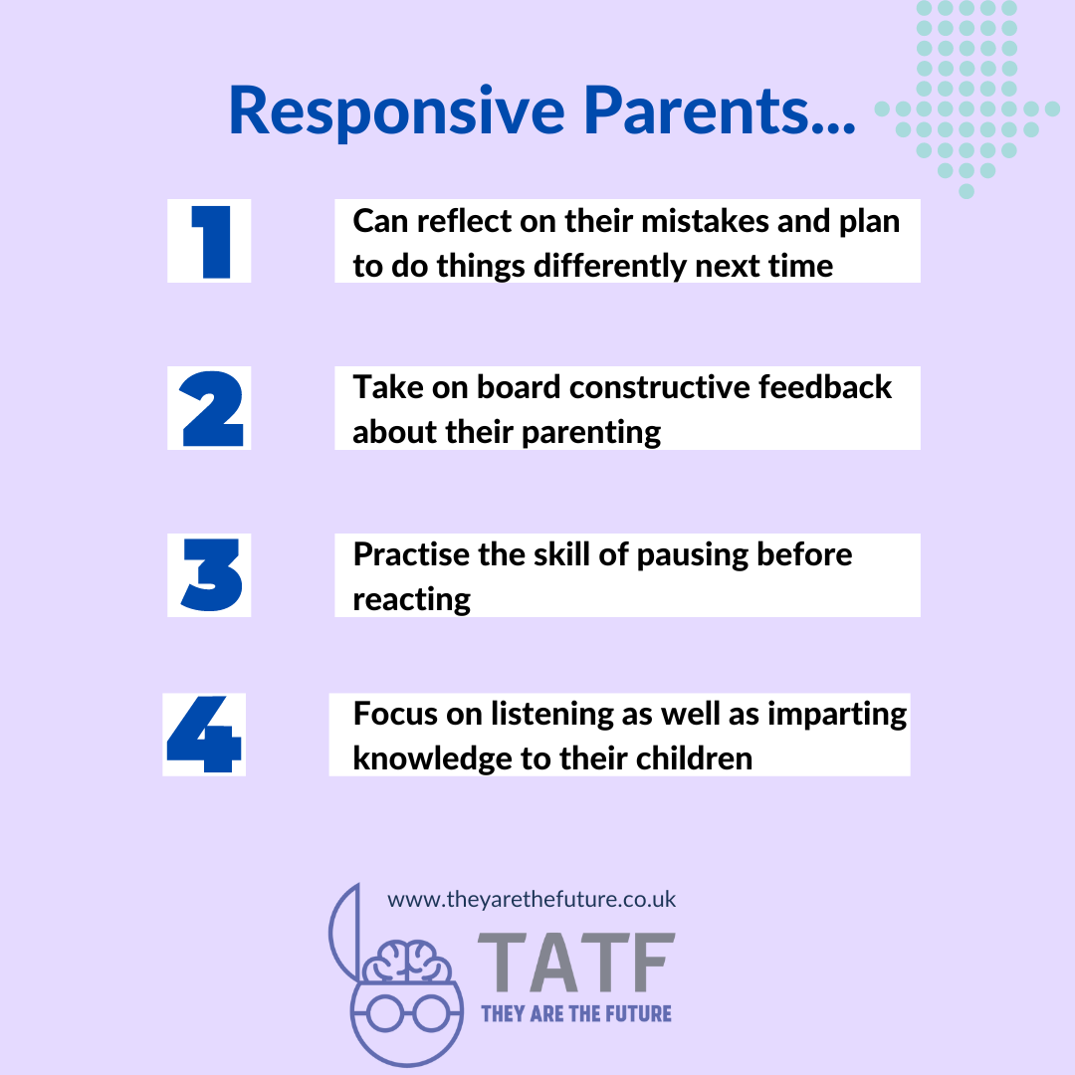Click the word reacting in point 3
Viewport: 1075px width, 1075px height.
click(412, 599)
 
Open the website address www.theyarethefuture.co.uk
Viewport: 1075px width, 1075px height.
click(532, 900)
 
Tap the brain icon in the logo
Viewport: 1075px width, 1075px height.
click(406, 962)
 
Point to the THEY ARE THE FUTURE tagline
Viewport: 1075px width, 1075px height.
click(576, 1014)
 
